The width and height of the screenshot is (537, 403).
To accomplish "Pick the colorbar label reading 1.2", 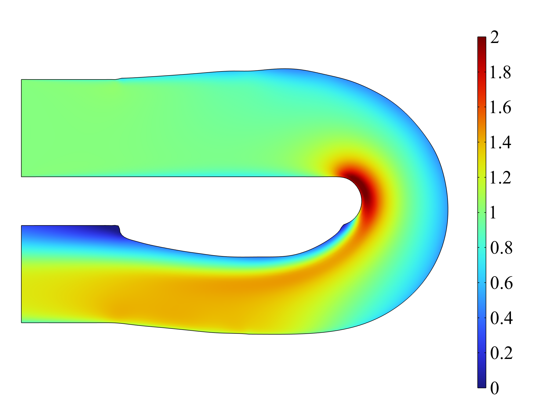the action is [500, 178].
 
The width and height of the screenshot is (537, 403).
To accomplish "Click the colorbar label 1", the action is [493, 213].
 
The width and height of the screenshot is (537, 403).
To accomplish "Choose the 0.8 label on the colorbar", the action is [501, 248].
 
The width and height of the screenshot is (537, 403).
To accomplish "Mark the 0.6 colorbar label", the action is [501, 283].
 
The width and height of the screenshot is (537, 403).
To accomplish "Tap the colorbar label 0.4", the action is [501, 318].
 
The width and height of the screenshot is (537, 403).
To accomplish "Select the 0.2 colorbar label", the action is [501, 353].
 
